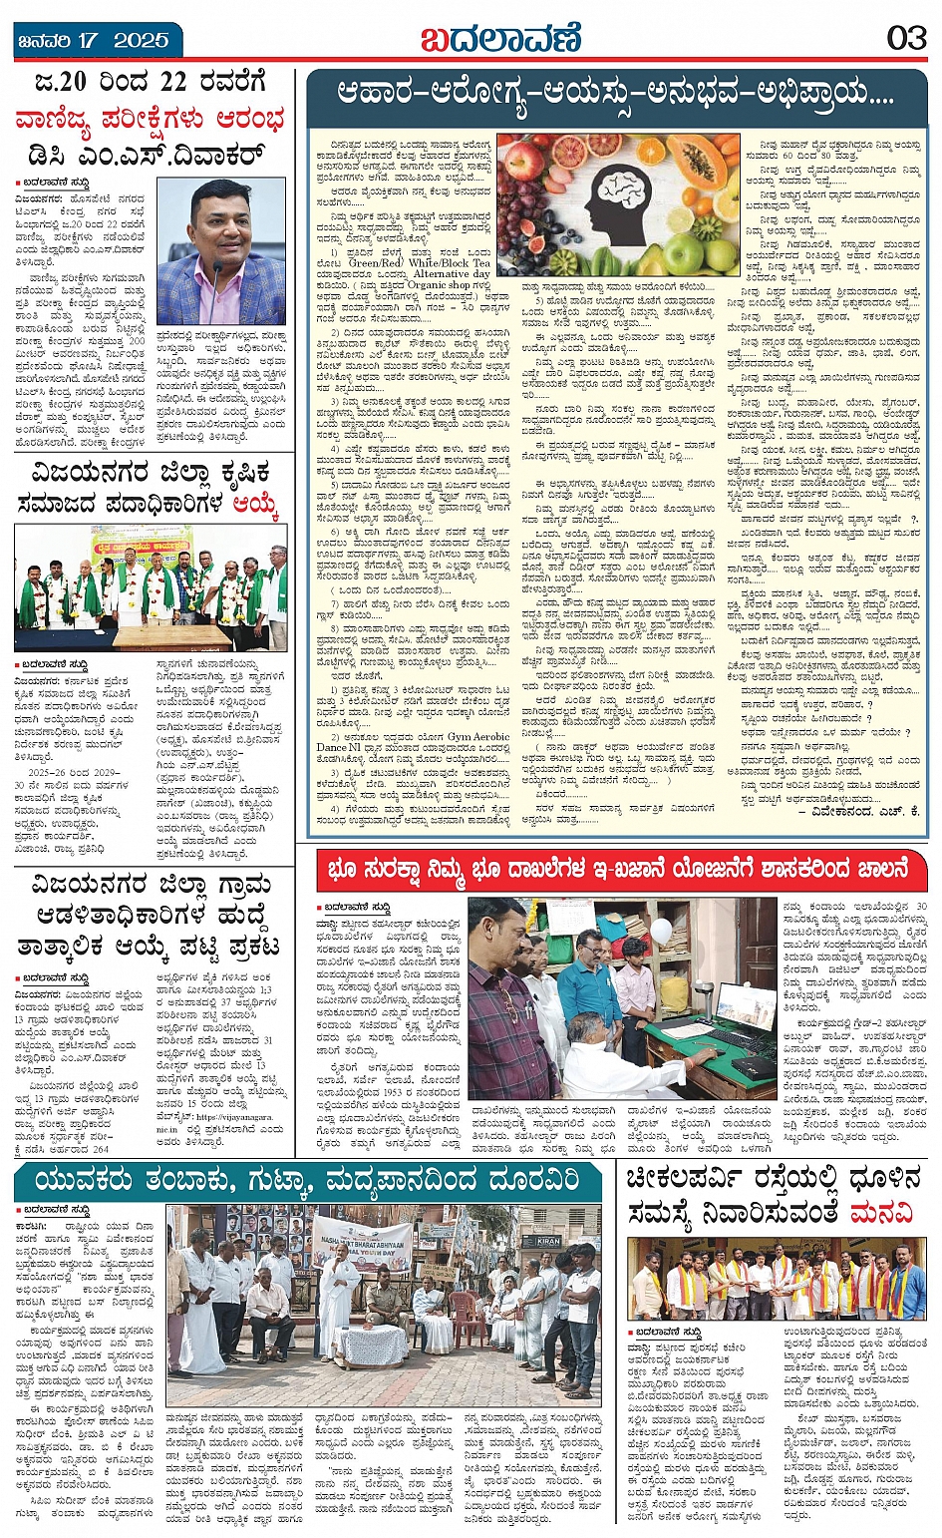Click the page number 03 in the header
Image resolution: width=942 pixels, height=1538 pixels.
906,38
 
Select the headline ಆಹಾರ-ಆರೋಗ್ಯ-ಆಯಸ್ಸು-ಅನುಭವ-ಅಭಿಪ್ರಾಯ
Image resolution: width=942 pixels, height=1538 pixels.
614,96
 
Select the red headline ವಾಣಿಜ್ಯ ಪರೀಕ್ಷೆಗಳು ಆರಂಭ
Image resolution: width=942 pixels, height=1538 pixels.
150,119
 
